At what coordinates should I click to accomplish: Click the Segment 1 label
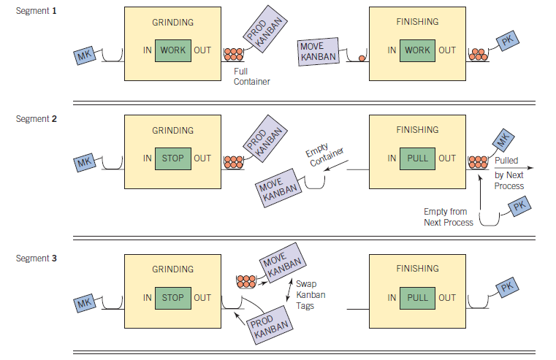(x=36, y=12)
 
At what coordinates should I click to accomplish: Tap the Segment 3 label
(x=36, y=258)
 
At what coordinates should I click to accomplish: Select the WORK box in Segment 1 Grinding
(x=173, y=50)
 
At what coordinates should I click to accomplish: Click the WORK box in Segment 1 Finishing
(x=417, y=50)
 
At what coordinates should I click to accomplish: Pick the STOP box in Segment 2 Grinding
(x=173, y=158)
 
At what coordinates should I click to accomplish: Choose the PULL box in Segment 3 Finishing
(x=417, y=297)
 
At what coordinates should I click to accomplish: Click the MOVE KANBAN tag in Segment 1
(x=318, y=51)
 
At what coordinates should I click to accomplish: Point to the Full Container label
(x=251, y=77)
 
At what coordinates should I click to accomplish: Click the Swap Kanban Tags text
(x=311, y=294)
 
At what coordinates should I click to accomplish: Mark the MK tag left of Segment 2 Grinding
(x=87, y=164)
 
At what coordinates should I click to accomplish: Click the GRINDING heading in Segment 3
(x=173, y=269)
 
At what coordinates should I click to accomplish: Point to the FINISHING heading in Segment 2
(x=417, y=130)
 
